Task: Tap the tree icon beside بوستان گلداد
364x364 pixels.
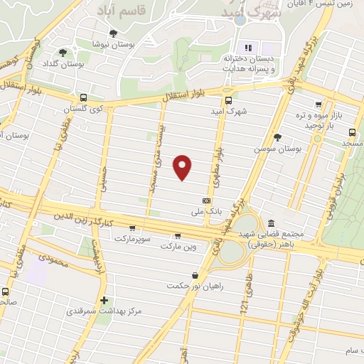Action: [63, 52]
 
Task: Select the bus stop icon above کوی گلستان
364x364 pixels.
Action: [84, 98]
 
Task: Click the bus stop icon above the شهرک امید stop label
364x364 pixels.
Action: [228, 101]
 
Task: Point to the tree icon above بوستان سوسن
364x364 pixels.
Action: [277, 137]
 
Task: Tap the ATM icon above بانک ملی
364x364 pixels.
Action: [206, 200]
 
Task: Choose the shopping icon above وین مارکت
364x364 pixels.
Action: [177, 236]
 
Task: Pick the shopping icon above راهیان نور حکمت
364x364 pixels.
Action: [195, 276]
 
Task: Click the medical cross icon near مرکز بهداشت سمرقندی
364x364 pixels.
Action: [105, 300]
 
